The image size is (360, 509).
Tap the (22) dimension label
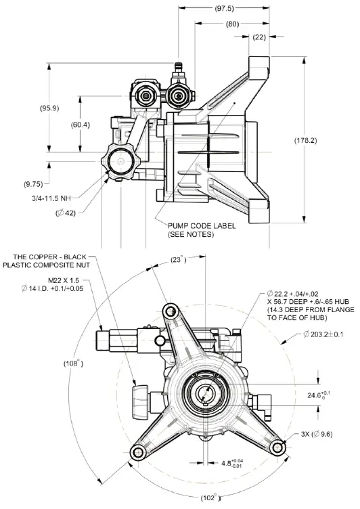[260, 37]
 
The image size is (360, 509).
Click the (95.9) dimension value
[50, 108]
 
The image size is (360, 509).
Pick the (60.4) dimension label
[81, 125]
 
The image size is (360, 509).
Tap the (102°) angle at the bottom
[210, 499]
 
